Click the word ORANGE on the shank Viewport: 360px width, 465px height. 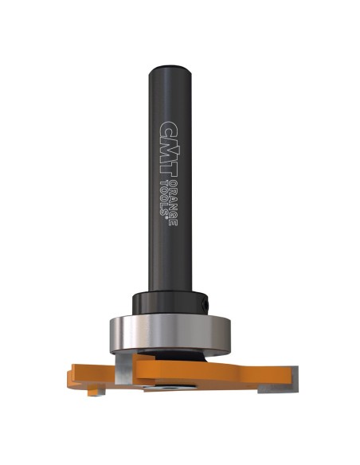(x=173, y=202)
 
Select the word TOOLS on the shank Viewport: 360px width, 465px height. (x=164, y=197)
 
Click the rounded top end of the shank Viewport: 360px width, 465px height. (x=170, y=70)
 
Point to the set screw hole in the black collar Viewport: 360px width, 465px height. (x=205, y=303)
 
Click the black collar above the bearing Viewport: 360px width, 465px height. (x=170, y=303)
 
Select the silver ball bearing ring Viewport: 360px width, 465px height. (x=170, y=334)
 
